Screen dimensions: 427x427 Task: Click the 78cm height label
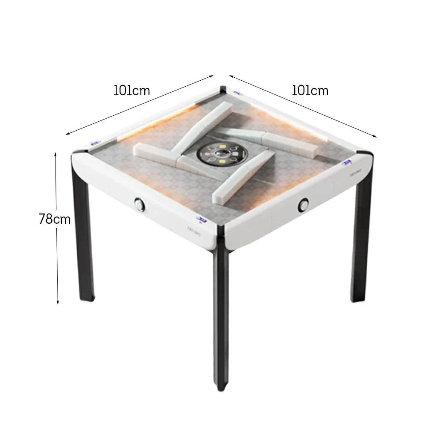tap(54, 219)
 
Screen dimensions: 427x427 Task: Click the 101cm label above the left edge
tap(132, 91)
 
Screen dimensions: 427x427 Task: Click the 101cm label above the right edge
tap(310, 91)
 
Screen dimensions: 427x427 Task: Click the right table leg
tap(361, 239)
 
